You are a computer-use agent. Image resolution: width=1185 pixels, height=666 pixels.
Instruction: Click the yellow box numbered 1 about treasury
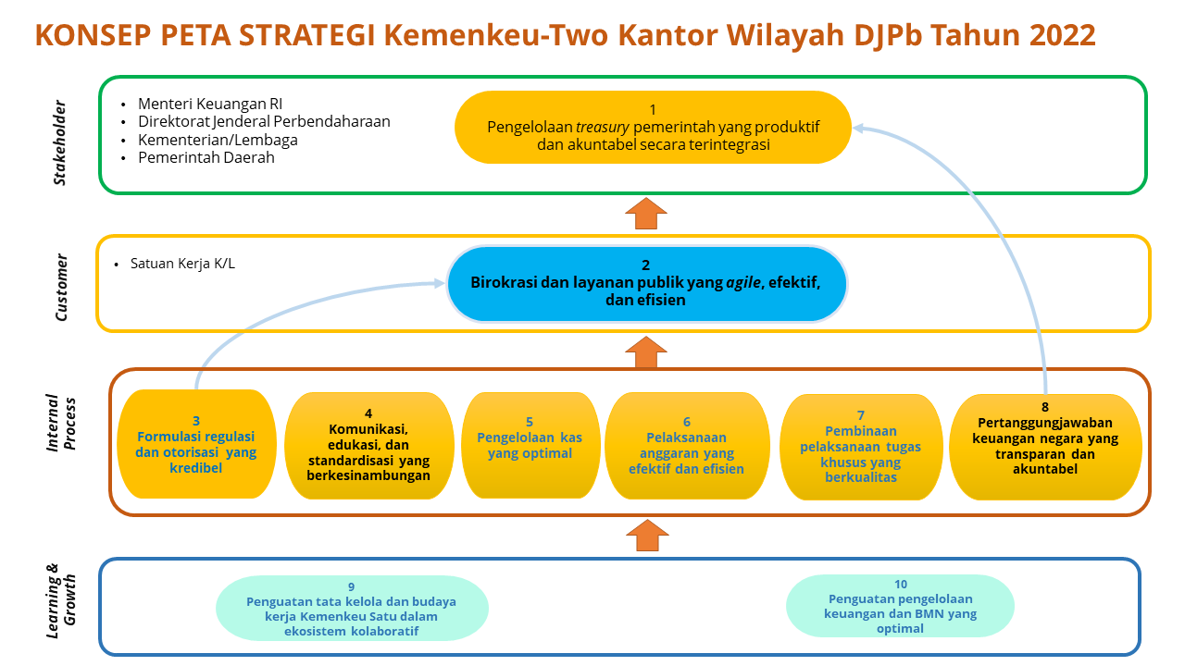[653, 128]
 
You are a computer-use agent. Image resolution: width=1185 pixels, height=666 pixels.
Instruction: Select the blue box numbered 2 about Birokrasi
[646, 283]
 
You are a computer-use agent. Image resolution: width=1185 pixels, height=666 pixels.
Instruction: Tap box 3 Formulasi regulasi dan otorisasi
[196, 444]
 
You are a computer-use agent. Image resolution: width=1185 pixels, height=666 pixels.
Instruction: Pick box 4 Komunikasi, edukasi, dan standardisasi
[369, 445]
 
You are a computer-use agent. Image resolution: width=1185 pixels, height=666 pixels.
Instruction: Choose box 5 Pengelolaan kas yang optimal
[530, 445]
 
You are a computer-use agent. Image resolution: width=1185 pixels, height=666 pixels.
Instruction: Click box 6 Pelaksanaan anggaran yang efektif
[687, 445]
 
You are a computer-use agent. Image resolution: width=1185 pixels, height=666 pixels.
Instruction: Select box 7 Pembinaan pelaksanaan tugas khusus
[860, 446]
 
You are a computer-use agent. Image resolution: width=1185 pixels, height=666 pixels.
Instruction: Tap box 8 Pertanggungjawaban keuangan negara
[1045, 446]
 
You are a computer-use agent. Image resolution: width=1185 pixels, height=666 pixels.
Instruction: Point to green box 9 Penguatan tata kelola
[351, 609]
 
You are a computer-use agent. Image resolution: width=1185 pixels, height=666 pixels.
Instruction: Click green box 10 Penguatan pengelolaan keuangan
[901, 606]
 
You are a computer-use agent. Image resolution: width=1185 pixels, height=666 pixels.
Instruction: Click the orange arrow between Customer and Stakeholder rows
[646, 214]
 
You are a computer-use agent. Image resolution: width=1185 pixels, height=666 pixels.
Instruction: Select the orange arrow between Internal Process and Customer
[646, 352]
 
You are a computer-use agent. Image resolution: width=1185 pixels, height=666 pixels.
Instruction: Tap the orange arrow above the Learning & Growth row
[646, 536]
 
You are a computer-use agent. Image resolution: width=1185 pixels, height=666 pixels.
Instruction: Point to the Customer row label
[61, 287]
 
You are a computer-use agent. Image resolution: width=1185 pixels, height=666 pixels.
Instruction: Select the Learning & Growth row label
[61, 606]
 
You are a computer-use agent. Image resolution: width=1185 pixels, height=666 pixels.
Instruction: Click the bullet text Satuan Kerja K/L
[182, 264]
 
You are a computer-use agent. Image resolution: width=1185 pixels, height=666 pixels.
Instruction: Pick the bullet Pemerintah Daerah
[206, 157]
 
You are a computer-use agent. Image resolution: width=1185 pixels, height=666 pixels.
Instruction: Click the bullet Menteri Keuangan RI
[210, 104]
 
